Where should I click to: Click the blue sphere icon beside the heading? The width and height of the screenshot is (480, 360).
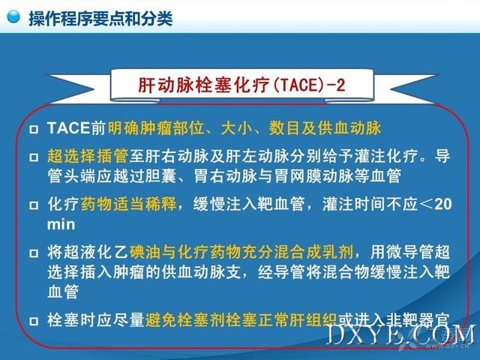(x=13, y=16)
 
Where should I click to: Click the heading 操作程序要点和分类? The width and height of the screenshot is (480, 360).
(x=100, y=18)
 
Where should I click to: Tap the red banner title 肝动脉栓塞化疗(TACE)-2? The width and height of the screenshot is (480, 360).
(x=241, y=85)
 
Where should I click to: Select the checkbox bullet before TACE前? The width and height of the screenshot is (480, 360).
(x=34, y=129)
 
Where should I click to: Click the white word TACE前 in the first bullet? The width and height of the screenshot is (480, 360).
(x=76, y=128)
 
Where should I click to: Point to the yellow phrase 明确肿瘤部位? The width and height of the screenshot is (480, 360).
(x=156, y=128)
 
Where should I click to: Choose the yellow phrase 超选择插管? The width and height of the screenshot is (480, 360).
(x=88, y=156)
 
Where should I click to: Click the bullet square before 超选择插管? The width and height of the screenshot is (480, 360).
(x=34, y=157)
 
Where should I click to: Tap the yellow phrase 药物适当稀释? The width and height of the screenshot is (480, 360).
(x=128, y=204)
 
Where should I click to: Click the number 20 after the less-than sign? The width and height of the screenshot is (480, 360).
(x=442, y=204)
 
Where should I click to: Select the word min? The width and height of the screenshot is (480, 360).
(x=61, y=224)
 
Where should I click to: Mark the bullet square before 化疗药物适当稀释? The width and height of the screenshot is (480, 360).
(x=34, y=205)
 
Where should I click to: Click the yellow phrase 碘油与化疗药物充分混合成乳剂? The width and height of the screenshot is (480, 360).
(x=241, y=252)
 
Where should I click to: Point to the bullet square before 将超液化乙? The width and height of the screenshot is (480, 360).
(x=34, y=253)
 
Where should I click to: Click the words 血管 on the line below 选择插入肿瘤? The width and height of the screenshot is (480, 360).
(x=63, y=292)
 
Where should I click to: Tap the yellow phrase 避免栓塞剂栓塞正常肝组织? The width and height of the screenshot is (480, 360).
(x=241, y=320)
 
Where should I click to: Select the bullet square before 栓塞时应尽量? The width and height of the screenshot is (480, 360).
(x=34, y=321)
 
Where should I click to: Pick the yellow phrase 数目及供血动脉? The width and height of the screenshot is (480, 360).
(x=325, y=128)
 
